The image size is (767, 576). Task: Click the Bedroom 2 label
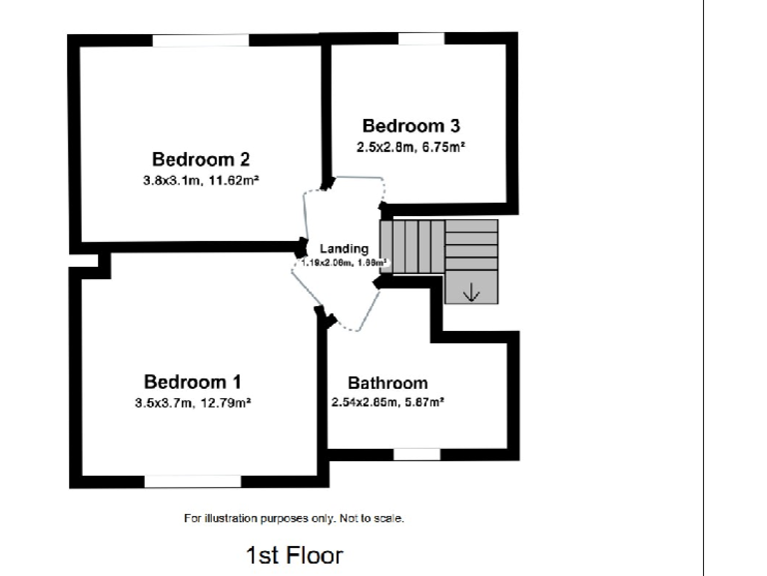point(200,159)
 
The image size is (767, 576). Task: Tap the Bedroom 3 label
point(410,126)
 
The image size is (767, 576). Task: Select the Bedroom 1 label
point(193,382)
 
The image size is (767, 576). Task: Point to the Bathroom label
point(387,383)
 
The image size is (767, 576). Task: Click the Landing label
point(344,249)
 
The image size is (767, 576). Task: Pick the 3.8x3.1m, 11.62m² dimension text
point(200,181)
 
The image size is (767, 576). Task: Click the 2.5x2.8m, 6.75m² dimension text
point(410,147)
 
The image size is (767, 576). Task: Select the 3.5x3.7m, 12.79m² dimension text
point(193,404)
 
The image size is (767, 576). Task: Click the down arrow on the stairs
point(470,292)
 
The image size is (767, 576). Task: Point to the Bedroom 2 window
point(200,40)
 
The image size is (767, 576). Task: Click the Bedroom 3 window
point(421,38)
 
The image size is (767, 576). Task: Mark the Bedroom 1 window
point(192,481)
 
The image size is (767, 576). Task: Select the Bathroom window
point(415,454)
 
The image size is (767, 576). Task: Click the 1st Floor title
point(295,554)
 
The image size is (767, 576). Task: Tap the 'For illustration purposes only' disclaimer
point(294,518)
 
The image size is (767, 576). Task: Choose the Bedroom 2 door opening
point(306,215)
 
